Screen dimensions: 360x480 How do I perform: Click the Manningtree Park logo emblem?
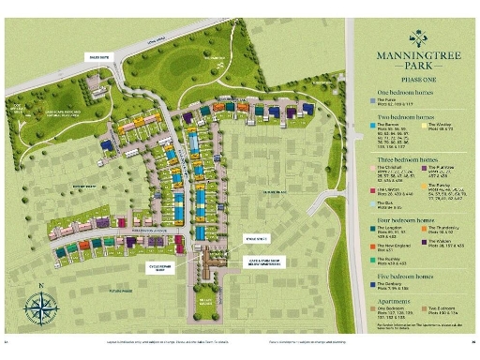coord(418,38)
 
